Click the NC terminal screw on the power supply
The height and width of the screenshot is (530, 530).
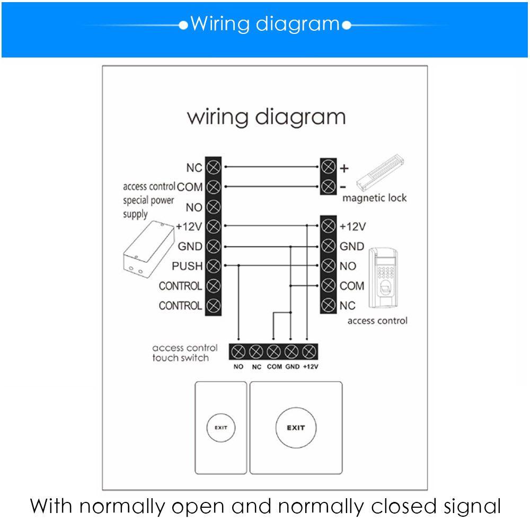pos(213,167)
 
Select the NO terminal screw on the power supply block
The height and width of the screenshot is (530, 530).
pos(213,207)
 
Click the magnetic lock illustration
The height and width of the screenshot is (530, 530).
pos(381,178)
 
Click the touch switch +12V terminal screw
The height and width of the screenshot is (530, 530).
pos(308,351)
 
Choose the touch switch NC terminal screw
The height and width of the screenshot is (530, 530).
pos(257,351)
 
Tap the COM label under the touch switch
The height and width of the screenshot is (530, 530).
pos(274,367)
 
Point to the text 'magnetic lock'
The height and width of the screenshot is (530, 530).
pos(374,198)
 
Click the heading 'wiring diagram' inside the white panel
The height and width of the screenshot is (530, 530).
pos(266,117)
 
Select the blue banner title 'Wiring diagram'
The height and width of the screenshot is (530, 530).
pos(264,24)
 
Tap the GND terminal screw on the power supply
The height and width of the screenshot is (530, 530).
pos(213,246)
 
